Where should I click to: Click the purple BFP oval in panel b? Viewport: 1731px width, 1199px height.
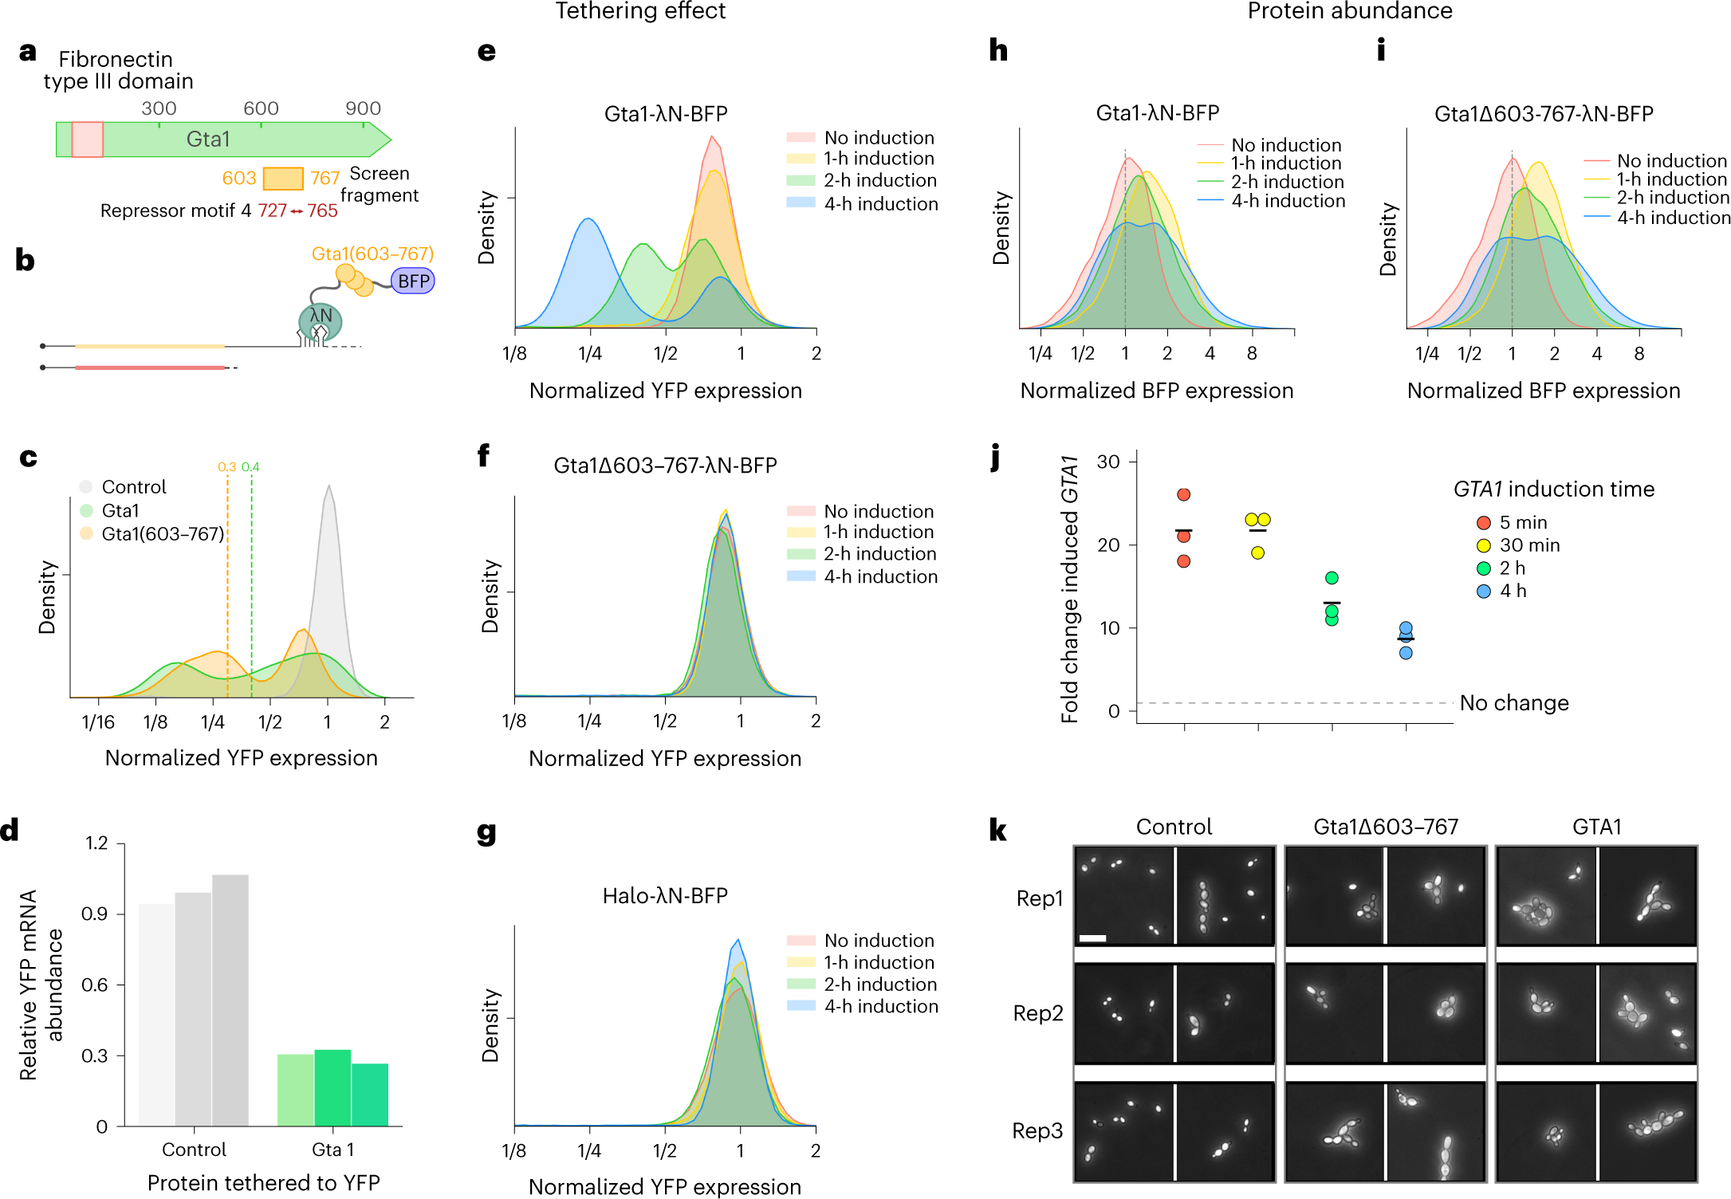(413, 281)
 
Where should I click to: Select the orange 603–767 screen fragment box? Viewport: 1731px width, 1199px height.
(283, 178)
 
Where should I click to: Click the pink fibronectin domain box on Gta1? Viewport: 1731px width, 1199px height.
(87, 140)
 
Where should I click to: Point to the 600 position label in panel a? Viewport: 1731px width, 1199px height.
(261, 108)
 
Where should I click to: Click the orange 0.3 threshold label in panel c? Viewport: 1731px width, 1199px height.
(226, 467)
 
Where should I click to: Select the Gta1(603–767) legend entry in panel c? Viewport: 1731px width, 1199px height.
(162, 534)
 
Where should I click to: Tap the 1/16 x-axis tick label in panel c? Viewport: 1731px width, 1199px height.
(98, 722)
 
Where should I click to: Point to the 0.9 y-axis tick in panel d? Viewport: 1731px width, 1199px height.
(95, 914)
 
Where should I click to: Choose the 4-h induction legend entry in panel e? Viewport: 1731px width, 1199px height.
(880, 204)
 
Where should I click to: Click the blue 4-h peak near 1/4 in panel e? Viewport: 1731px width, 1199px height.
(588, 221)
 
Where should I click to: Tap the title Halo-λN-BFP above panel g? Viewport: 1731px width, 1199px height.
(665, 896)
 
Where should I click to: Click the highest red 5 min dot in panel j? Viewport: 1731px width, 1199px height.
(1184, 494)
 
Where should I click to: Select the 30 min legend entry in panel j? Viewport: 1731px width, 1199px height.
(1529, 545)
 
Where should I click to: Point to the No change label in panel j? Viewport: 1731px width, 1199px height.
(1514, 703)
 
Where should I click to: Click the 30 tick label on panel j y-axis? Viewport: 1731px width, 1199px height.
(1108, 462)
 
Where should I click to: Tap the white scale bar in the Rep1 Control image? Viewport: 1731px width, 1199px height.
(1092, 938)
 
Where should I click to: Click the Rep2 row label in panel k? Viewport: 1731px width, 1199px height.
(1038, 1013)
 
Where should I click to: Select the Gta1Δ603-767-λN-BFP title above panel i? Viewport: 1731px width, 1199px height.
(1544, 114)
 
